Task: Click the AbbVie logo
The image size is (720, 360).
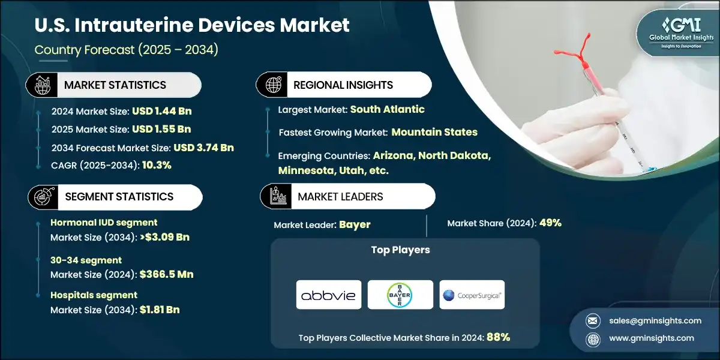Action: (328, 295)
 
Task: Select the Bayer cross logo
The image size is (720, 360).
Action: (400, 295)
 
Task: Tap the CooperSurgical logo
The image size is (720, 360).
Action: (472, 295)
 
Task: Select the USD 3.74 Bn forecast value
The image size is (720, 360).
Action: (203, 148)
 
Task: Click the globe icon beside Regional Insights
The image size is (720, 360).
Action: (273, 85)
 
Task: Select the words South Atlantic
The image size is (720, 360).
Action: (387, 109)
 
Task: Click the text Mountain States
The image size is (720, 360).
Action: (434, 132)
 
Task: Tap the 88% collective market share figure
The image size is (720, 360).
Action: (498, 337)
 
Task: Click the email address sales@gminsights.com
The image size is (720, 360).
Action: (650, 320)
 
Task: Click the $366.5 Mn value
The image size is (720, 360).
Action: (166, 274)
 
